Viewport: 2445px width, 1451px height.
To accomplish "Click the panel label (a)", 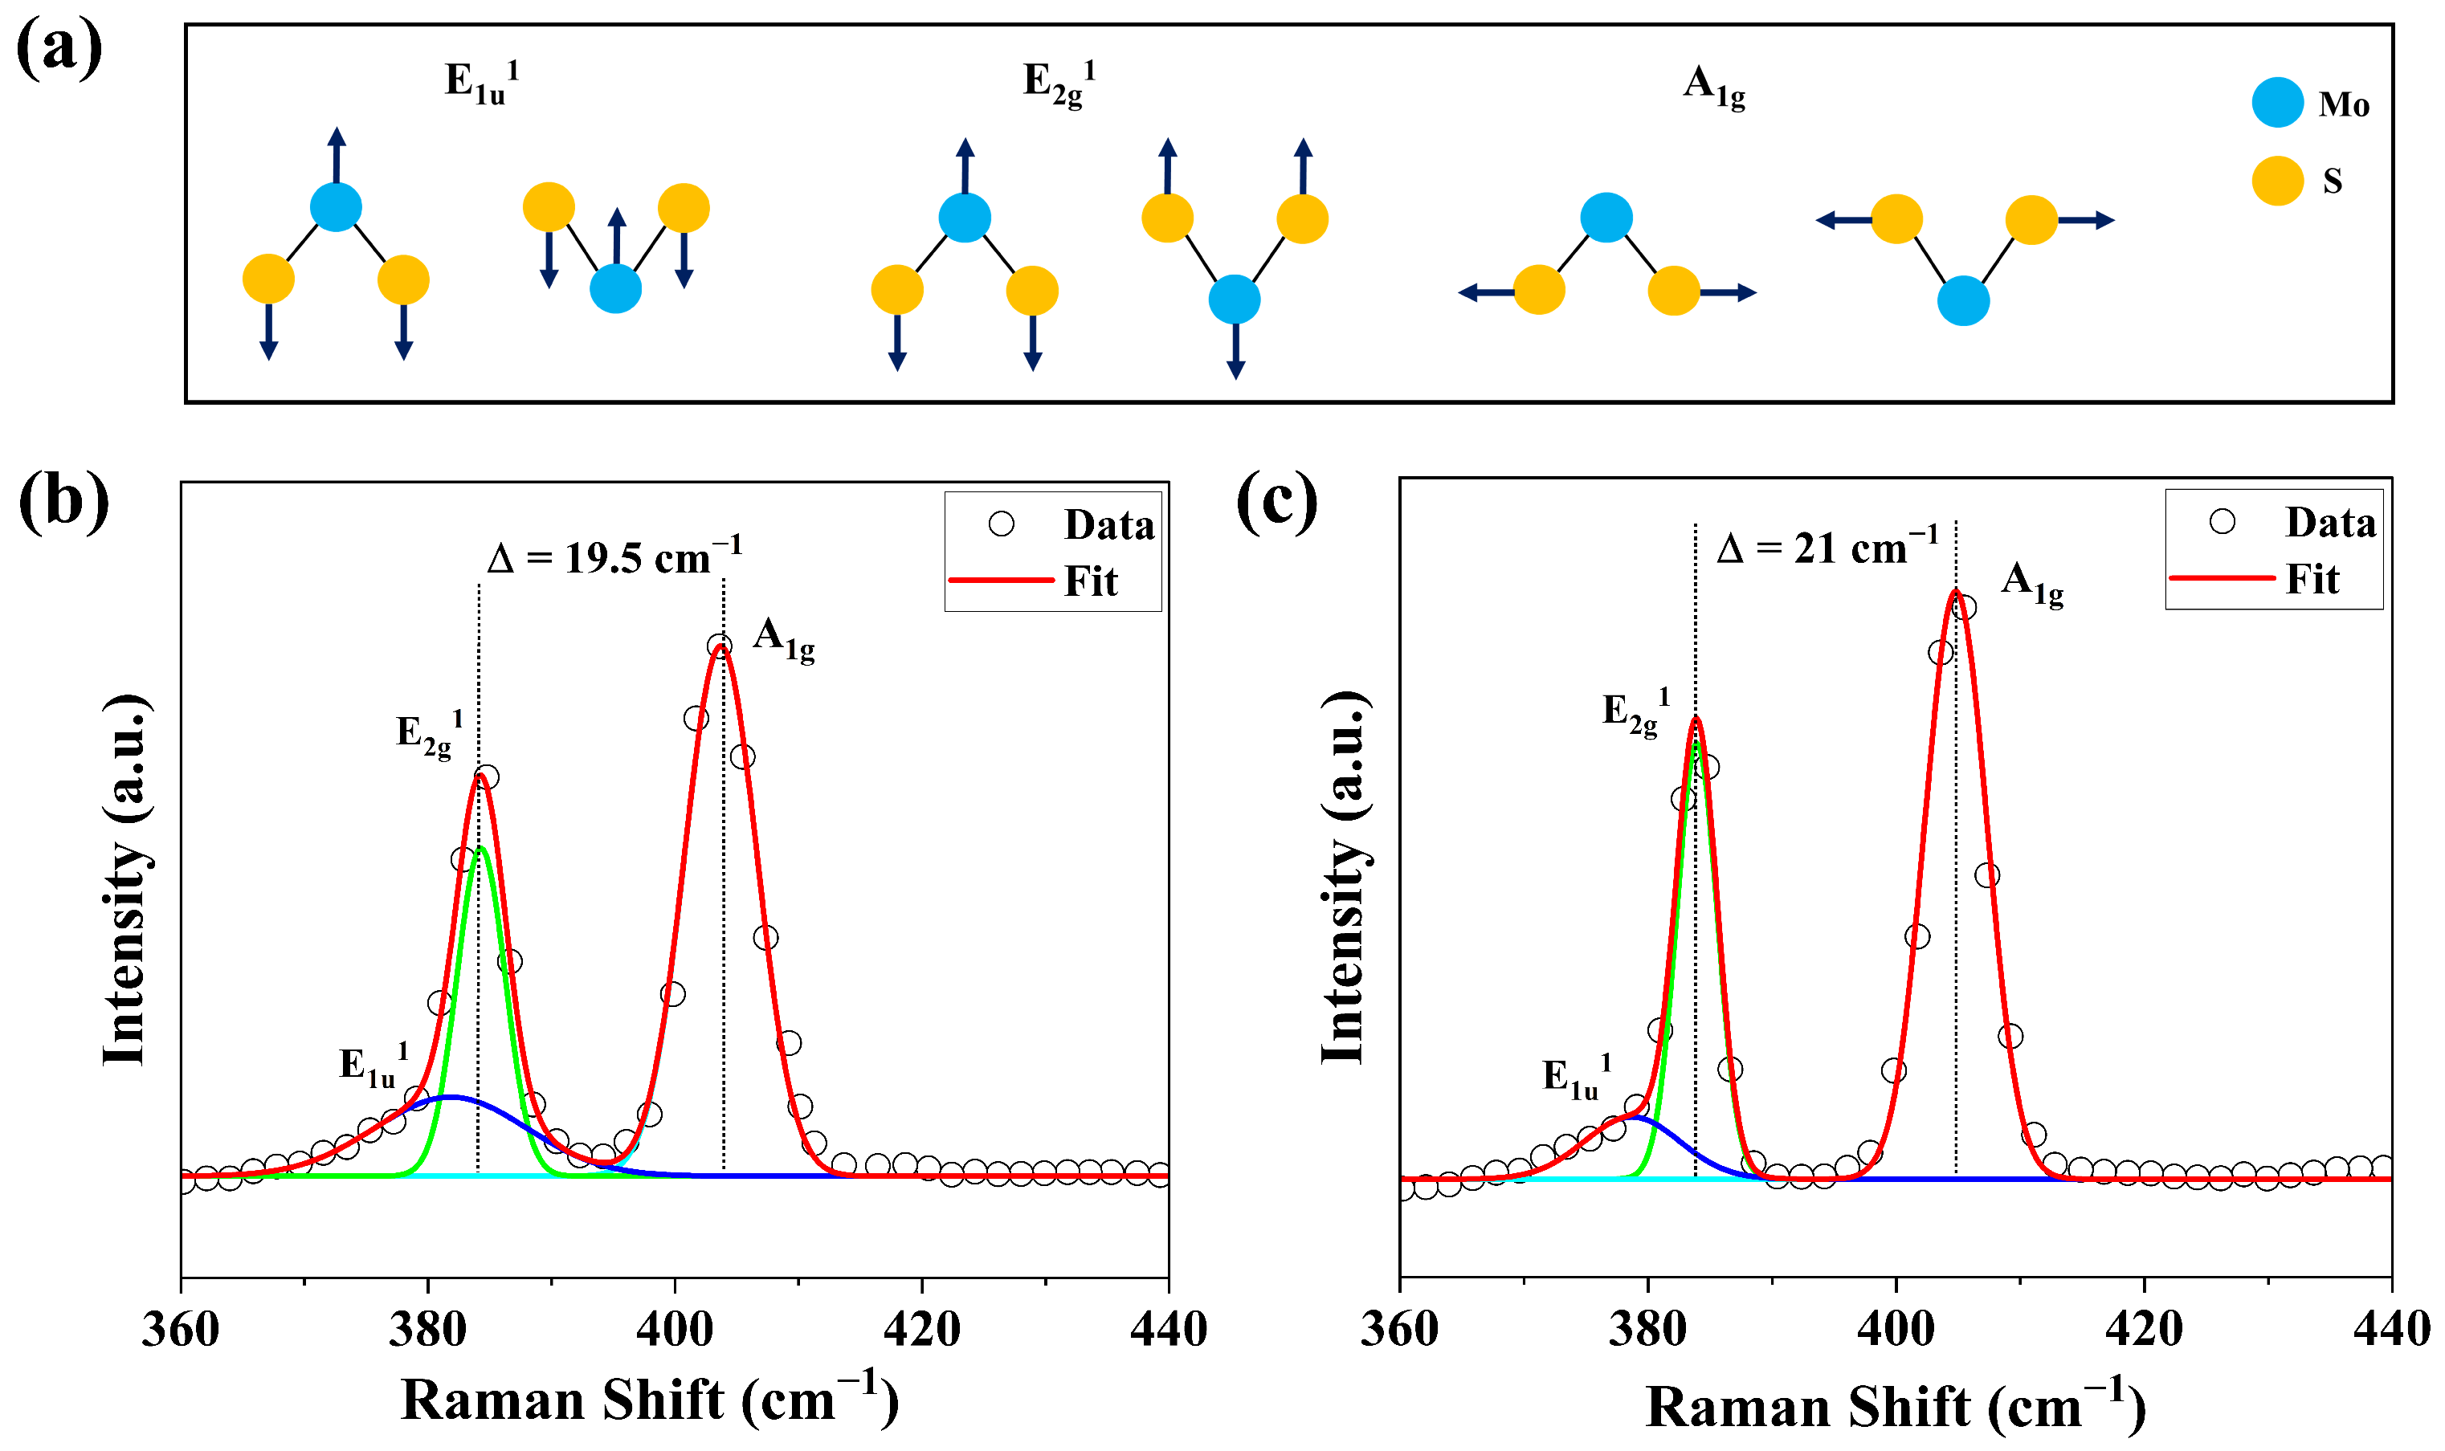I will (59, 51).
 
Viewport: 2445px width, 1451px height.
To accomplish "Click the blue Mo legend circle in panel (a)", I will (2277, 103).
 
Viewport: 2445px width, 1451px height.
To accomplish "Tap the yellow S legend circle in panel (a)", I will (2277, 181).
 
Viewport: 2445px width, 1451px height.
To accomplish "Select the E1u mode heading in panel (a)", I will (481, 81).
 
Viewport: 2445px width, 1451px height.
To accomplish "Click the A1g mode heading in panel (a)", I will (1713, 86).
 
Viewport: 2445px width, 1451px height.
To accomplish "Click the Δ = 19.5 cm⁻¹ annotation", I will (614, 557).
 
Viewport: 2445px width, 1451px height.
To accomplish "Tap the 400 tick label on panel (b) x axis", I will (675, 1330).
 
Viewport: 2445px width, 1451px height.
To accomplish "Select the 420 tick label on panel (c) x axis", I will (2144, 1330).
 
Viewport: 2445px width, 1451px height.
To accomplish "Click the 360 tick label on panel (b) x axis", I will (181, 1330).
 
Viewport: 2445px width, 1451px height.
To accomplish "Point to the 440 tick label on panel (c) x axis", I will (2390, 1330).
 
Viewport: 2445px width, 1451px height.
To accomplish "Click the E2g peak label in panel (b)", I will (428, 734).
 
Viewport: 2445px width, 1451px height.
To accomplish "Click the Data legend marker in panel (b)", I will (1001, 524).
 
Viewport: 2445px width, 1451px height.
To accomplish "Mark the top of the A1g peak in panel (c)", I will (1955, 590).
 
